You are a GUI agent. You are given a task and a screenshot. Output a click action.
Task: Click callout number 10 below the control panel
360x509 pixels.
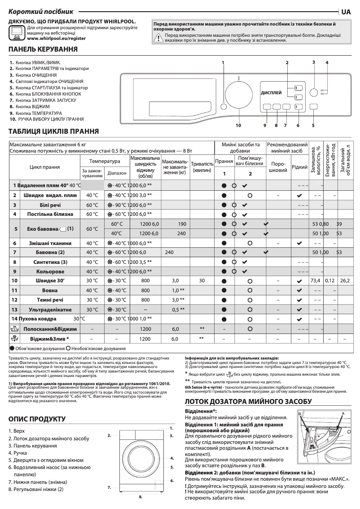point(238,125)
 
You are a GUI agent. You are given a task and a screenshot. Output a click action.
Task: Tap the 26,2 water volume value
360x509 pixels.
point(345,281)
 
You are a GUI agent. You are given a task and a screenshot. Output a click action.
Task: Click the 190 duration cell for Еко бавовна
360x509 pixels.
point(169,224)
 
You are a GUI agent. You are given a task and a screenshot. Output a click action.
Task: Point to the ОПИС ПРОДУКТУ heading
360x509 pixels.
point(37,419)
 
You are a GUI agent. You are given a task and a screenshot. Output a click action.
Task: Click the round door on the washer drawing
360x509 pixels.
point(141,458)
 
